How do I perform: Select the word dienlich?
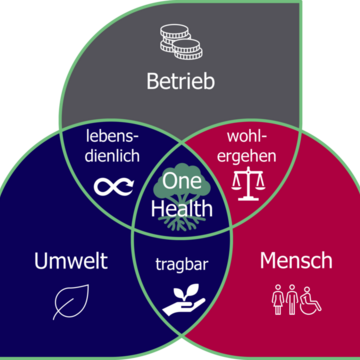pos(111,157)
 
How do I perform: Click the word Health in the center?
pos(180,208)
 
